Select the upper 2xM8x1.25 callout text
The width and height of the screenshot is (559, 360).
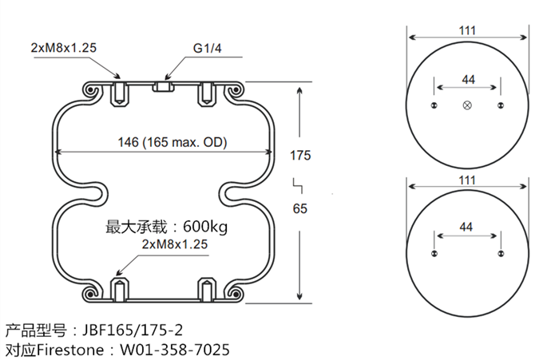tap(63, 48)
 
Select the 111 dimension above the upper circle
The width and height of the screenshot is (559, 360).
tap(468, 30)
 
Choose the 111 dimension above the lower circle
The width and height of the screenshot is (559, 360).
tap(468, 180)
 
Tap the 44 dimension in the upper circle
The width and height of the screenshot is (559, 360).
tap(467, 78)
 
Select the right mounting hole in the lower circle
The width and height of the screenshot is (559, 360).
tap(501, 254)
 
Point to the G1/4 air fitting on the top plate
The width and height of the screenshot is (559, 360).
tap(163, 85)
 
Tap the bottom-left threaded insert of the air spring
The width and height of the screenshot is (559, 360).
tap(118, 291)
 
